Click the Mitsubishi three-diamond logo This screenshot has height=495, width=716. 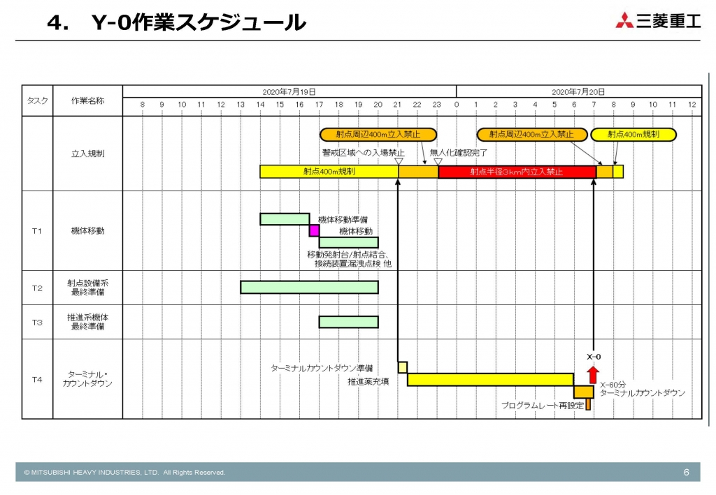click(x=624, y=21)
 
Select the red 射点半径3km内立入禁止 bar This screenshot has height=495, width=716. click(x=517, y=172)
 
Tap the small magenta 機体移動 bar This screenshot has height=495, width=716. click(x=315, y=231)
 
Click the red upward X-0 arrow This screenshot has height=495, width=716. click(x=593, y=375)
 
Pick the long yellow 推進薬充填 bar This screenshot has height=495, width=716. click(x=490, y=379)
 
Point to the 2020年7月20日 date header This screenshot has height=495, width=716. click(x=578, y=91)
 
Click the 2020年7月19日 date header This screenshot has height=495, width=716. click(x=289, y=91)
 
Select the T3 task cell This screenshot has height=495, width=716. click(x=37, y=322)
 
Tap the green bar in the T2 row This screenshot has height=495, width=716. click(x=309, y=287)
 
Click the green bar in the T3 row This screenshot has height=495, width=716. click(x=348, y=322)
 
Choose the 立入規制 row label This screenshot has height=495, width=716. click(x=87, y=153)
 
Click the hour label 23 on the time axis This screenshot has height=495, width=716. click(x=436, y=105)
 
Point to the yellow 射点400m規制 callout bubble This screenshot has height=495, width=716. click(x=633, y=135)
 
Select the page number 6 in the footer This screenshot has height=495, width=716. click(x=686, y=473)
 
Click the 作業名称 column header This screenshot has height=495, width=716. click(x=87, y=101)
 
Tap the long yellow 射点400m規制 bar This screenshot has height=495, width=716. click(x=329, y=172)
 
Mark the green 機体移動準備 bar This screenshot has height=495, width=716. click(x=285, y=219)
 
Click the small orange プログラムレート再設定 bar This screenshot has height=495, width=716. click(x=588, y=404)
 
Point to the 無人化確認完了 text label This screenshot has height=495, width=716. click(x=459, y=153)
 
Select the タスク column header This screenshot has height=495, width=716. click(x=37, y=101)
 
